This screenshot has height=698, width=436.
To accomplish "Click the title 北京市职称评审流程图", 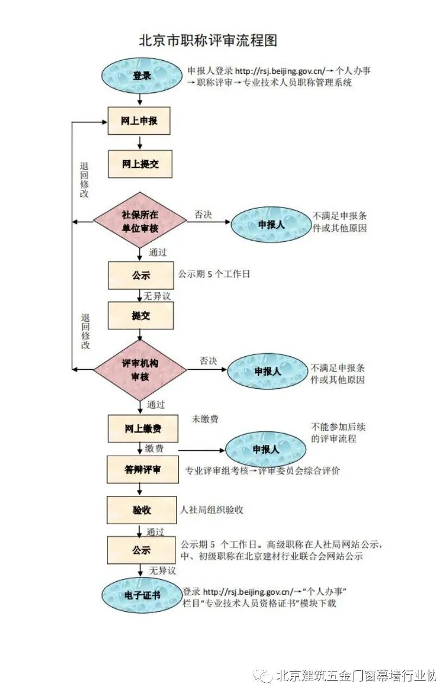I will click(208, 41).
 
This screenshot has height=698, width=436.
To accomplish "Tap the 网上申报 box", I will click(140, 121).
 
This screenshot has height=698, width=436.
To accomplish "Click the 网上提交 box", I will click(140, 164).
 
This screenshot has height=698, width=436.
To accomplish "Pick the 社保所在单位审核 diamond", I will click(140, 221).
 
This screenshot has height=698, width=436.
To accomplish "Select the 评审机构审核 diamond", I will click(140, 370).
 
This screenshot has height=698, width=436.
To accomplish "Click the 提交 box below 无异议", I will click(141, 316).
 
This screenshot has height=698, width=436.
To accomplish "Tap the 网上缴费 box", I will click(143, 429).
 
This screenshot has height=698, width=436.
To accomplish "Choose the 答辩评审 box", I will click(143, 469).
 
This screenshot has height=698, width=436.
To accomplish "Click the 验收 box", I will click(142, 510).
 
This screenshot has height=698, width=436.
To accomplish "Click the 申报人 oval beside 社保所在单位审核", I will click(270, 224).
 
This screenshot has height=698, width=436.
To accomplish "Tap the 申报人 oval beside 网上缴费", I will click(266, 450).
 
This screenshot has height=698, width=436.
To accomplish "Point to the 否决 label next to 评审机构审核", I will click(208, 361).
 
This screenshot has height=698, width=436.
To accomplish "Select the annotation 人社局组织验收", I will click(212, 510).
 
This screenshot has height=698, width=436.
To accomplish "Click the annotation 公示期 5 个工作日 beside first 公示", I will click(214, 274).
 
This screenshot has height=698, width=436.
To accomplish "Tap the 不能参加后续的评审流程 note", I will click(334, 432).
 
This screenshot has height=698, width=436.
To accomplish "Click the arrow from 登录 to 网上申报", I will click(140, 99).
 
